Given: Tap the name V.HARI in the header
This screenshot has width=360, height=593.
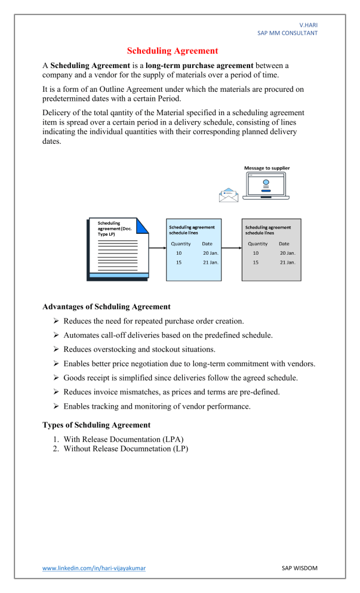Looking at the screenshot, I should point(309,24).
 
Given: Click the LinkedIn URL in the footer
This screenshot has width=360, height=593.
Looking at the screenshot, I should point(94,568).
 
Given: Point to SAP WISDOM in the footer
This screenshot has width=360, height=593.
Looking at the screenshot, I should point(299,568).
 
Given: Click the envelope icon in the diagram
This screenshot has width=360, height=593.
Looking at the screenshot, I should point(228,194).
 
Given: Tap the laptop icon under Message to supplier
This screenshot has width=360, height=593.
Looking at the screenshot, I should point(266,186).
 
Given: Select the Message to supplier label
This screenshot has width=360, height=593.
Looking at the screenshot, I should point(267,168).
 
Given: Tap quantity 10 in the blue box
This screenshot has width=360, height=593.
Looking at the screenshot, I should point(179,253).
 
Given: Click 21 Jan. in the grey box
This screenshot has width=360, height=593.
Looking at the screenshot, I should point(287,262).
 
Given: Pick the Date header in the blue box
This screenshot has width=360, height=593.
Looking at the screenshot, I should point(207,243).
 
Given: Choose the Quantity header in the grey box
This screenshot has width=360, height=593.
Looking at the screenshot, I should point(258,243).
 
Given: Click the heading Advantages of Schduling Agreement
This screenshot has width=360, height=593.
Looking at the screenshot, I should point(106,307).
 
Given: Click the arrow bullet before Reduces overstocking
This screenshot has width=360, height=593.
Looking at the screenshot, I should point(56,349).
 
